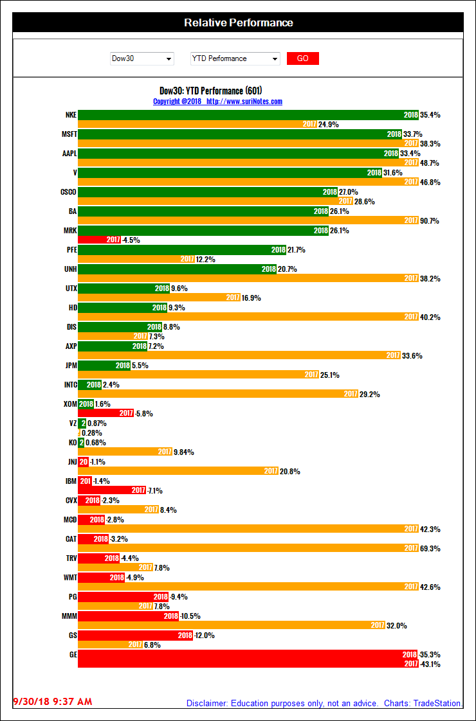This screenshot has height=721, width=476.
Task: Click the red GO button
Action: tap(302, 58)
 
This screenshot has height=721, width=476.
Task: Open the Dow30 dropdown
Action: tap(142, 58)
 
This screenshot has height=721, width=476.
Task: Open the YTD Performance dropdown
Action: tap(235, 58)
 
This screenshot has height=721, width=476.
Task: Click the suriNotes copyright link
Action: tap(217, 102)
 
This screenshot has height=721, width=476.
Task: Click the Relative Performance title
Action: tap(238, 22)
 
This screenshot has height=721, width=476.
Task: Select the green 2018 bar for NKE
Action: tap(248, 115)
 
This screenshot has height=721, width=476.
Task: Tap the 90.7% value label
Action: tap(431, 221)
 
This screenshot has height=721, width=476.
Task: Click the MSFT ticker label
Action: tap(69, 134)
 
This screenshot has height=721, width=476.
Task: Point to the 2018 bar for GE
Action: tap(248, 654)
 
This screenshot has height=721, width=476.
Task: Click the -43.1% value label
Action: tap(430, 664)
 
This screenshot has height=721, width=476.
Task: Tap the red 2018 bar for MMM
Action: tap(129, 616)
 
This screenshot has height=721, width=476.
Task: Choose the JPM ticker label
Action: tap(71, 366)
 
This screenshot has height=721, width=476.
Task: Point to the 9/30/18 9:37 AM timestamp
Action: tap(53, 701)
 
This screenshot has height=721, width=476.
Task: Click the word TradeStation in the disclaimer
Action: tap(437, 704)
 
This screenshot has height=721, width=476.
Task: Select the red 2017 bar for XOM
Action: tap(106, 414)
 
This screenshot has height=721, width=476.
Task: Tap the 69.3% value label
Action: tap(431, 549)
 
